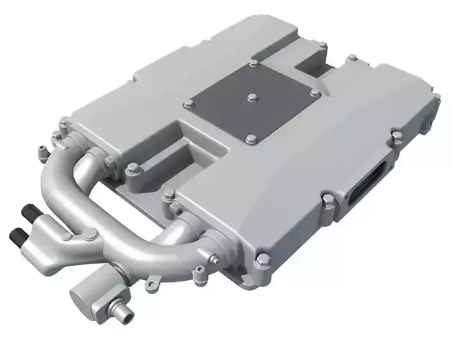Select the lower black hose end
pos(17,234)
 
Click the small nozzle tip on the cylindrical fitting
pos(120,312)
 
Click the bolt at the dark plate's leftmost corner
pos(189,105)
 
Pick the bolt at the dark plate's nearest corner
pos(251,139)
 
